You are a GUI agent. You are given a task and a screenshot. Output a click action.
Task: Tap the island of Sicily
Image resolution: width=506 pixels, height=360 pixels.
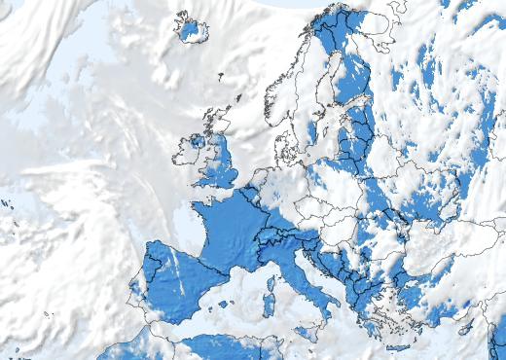(309, 331)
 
